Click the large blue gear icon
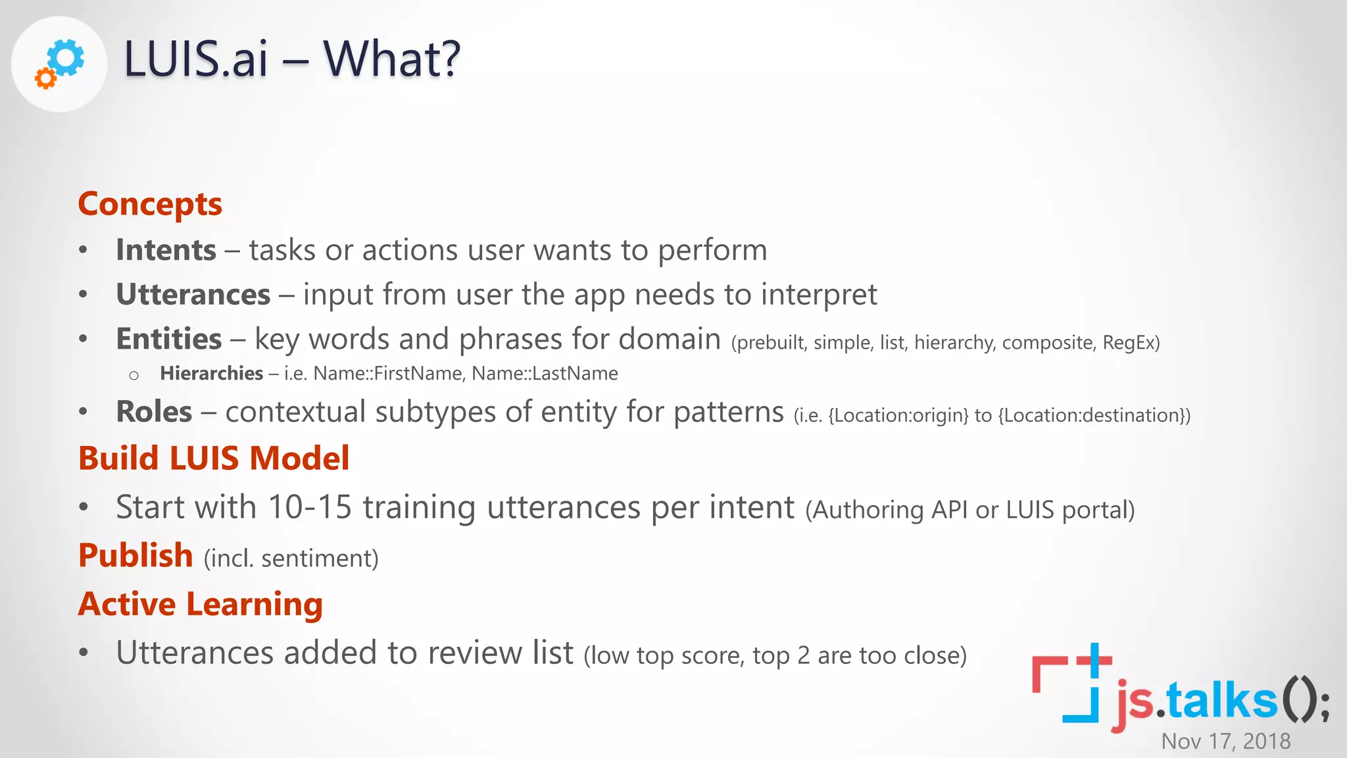tap(66, 57)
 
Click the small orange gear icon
tap(45, 78)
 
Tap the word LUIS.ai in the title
tap(195, 59)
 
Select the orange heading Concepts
tap(150, 204)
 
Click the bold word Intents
tap(166, 250)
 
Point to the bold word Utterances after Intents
tap(193, 294)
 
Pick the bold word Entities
tap(168, 339)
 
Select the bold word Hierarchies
tap(211, 374)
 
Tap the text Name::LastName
tap(545, 374)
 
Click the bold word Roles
tap(154, 412)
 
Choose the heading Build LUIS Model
tap(214, 458)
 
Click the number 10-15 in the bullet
tap(310, 507)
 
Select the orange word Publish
tap(135, 555)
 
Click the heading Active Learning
tap(200, 604)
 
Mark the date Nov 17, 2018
tap(1225, 741)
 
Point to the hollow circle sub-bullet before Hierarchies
tap(134, 376)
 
